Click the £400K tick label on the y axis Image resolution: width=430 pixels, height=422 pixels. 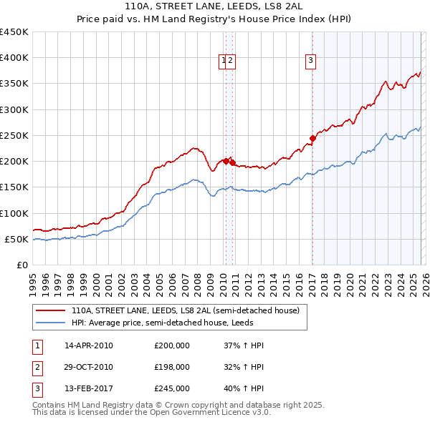14,58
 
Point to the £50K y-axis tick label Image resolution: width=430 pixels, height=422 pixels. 16,239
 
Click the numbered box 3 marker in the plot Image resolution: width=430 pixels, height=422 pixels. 311,62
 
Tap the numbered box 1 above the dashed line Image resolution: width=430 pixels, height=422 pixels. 224,62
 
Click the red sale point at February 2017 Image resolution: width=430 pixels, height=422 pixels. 312,138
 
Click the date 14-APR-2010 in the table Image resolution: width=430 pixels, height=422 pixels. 88,345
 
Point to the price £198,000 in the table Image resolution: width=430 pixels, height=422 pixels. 172,367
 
